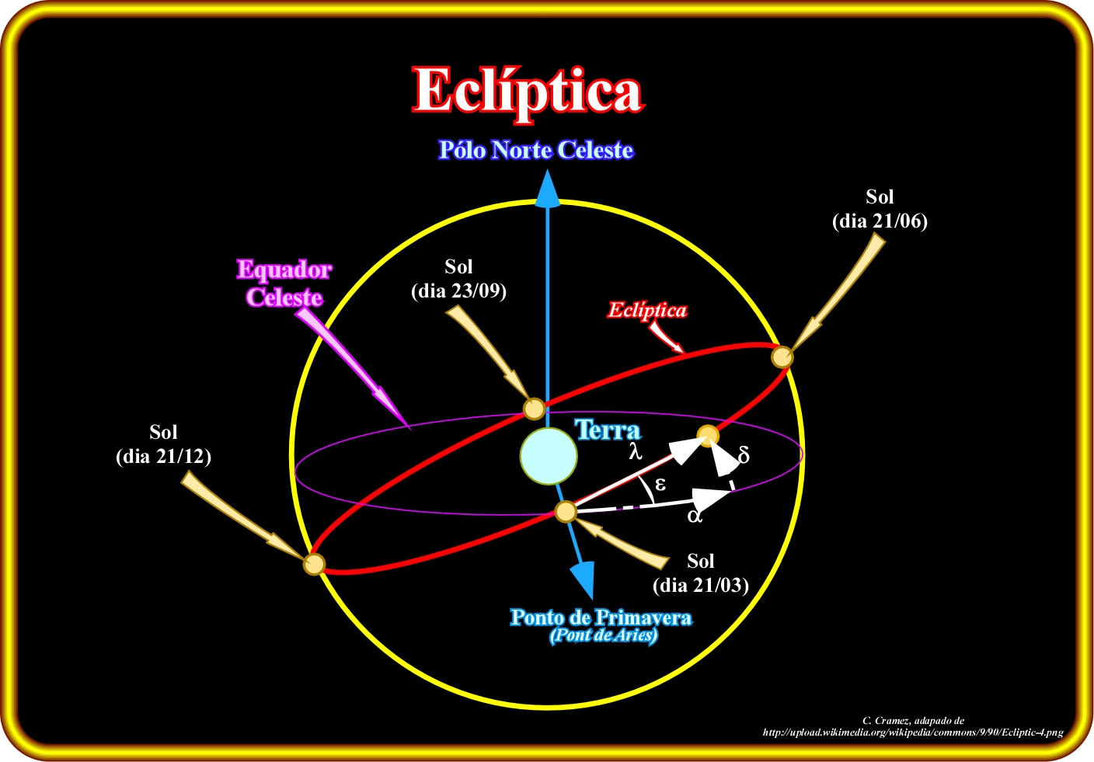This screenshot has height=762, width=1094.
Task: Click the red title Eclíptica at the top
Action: [x=528, y=91]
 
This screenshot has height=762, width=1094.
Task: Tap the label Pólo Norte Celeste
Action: [x=536, y=150]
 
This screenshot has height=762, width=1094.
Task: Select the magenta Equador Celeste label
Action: [x=284, y=284]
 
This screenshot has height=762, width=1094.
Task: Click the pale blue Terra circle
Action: [x=549, y=456]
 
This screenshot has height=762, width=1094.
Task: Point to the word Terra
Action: [x=608, y=430]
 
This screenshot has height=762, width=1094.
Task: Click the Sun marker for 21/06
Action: [x=782, y=357]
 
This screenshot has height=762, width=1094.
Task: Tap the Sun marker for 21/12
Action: [x=313, y=564]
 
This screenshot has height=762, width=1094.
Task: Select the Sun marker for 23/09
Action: [x=534, y=409]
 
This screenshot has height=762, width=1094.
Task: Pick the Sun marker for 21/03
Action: [x=566, y=512]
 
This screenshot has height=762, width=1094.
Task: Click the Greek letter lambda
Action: [x=636, y=451]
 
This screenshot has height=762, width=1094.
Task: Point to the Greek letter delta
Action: [x=744, y=456]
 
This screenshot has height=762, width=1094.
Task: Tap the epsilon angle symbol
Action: [x=660, y=485]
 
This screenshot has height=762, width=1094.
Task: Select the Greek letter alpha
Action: [x=695, y=515]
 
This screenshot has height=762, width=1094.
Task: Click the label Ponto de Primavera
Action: [x=601, y=618]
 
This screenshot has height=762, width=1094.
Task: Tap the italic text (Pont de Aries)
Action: [x=603, y=635]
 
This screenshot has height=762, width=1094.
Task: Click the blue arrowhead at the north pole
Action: [x=548, y=190]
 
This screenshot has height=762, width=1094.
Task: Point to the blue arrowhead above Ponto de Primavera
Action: [x=582, y=578]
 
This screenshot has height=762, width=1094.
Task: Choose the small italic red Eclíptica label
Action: [x=647, y=311]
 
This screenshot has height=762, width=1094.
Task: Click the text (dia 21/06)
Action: [x=880, y=221]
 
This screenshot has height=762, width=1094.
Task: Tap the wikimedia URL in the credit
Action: [x=913, y=732]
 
